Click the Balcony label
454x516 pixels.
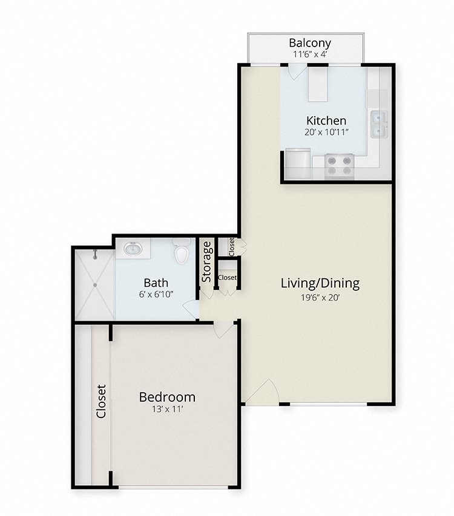(x=310, y=43)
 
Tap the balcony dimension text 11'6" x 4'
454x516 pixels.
(x=310, y=54)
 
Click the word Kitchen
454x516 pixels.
(x=326, y=120)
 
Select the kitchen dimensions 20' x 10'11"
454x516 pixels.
(x=326, y=132)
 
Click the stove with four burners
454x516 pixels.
(x=339, y=166)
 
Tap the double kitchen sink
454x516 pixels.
(x=380, y=124)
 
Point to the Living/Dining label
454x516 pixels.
(x=320, y=283)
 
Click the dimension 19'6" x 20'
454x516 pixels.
(x=320, y=298)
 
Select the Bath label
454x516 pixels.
(x=156, y=282)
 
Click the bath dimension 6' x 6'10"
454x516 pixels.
(x=156, y=294)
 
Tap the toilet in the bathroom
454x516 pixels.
(x=182, y=251)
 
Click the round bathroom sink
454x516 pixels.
(x=133, y=248)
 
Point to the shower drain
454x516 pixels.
(x=95, y=285)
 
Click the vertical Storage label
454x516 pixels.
(x=206, y=262)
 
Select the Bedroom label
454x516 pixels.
(x=167, y=397)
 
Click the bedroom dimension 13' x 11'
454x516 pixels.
(x=167, y=410)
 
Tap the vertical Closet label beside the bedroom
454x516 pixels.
(x=101, y=401)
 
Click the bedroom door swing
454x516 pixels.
(x=225, y=330)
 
